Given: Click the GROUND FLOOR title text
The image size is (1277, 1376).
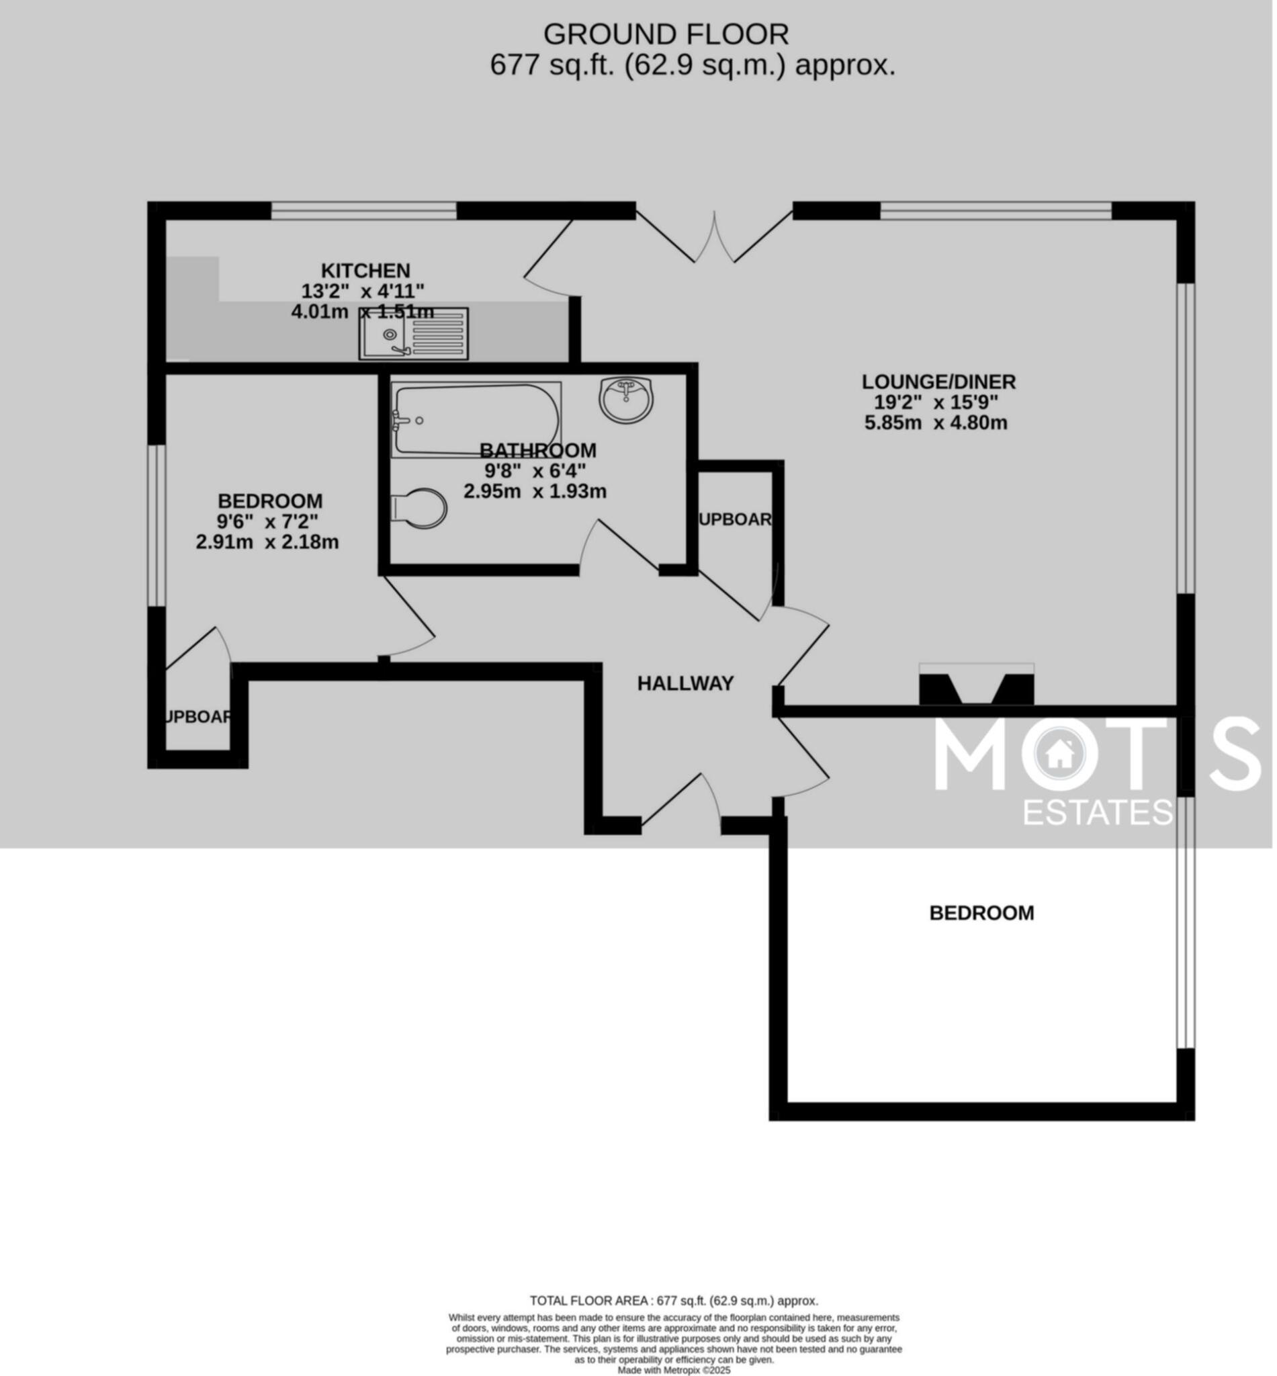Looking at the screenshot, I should (x=666, y=34).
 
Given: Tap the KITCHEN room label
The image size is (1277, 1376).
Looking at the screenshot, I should (x=365, y=271).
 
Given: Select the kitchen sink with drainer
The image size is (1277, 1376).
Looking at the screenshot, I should (x=414, y=334).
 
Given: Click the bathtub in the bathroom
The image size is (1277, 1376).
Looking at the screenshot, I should (x=476, y=420).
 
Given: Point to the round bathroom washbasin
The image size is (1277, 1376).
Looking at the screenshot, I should (x=626, y=399).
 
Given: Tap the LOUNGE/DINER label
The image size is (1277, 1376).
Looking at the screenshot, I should (x=938, y=382).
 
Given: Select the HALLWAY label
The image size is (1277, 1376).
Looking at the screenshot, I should (x=685, y=683).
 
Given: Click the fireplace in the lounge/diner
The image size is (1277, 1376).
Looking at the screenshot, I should (x=977, y=686).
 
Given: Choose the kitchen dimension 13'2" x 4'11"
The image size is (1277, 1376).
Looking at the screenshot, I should (x=363, y=291).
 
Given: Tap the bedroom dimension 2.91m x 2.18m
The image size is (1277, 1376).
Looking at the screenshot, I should (x=267, y=542).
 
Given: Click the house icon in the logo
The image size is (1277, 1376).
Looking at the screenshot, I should (x=1058, y=755).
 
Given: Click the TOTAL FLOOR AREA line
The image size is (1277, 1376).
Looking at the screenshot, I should (x=674, y=1301).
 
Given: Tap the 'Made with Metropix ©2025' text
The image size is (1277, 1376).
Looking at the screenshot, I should (x=674, y=1370).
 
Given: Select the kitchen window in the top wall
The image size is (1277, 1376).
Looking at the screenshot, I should (x=363, y=210).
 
